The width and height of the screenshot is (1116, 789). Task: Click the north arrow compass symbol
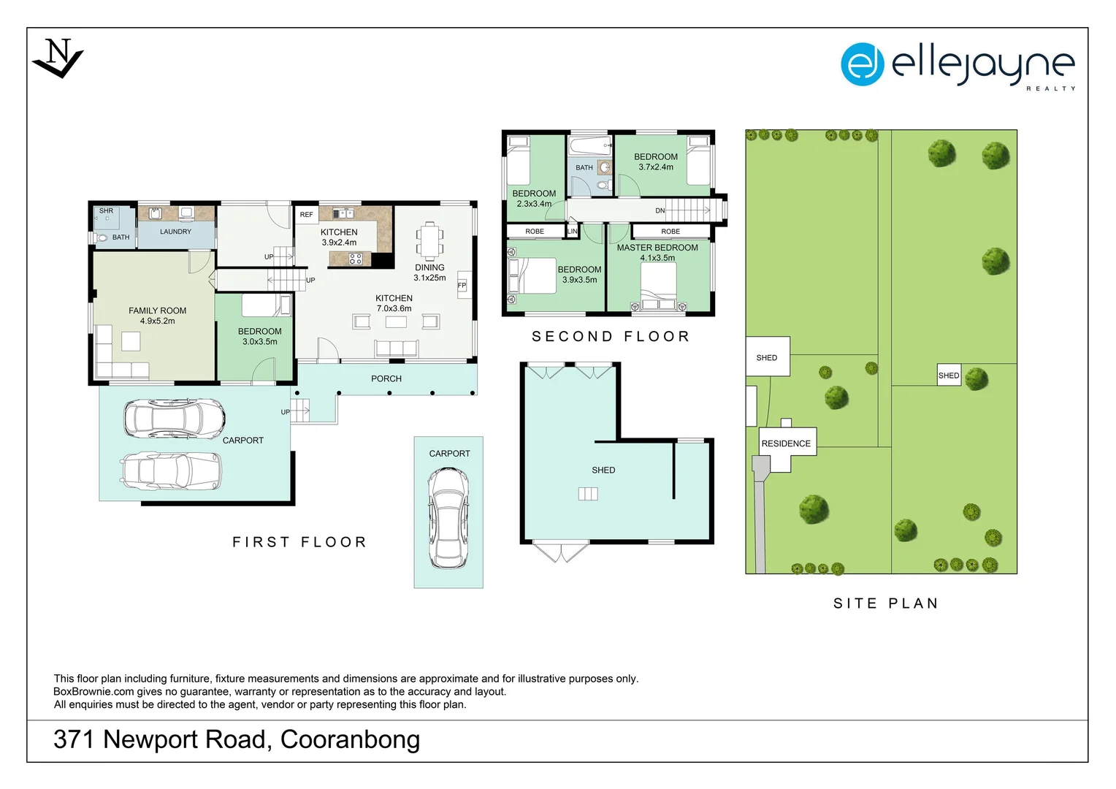click(58, 58)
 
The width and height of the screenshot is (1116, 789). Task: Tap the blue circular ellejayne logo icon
click(862, 64)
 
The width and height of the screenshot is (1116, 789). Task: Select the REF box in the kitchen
click(307, 214)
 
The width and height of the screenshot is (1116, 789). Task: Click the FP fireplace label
click(462, 285)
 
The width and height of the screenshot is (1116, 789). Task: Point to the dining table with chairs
click(429, 241)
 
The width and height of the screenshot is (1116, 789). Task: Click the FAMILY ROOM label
click(158, 310)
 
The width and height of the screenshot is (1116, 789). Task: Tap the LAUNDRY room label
click(175, 232)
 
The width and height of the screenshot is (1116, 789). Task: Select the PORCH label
click(386, 379)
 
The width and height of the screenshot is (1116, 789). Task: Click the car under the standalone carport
click(448, 518)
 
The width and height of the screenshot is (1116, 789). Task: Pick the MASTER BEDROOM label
click(657, 247)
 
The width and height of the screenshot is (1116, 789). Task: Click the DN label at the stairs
click(660, 211)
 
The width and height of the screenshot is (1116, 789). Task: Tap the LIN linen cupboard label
click(573, 232)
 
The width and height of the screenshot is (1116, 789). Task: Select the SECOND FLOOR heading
click(611, 337)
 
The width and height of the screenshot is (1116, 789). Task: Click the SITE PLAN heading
click(886, 603)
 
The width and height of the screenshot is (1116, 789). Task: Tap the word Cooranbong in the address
click(351, 739)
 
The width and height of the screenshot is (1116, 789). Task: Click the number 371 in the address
click(74, 739)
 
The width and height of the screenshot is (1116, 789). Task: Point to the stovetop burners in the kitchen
click(355, 259)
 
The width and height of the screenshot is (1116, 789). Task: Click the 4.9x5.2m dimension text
click(158, 321)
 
